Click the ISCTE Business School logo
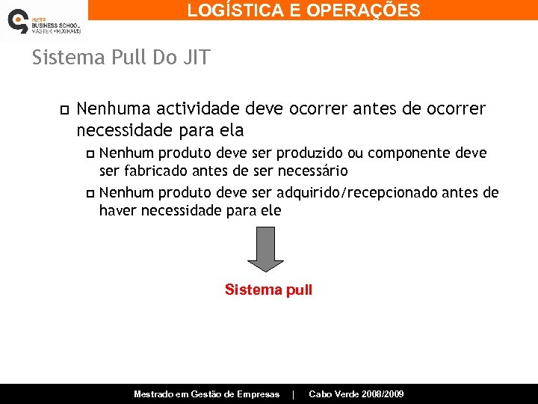(43, 22)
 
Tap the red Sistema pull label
(268, 290)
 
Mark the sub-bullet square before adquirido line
(90, 194)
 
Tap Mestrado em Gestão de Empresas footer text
(206, 394)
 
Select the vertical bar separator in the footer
(294, 394)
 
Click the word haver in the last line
(117, 210)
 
